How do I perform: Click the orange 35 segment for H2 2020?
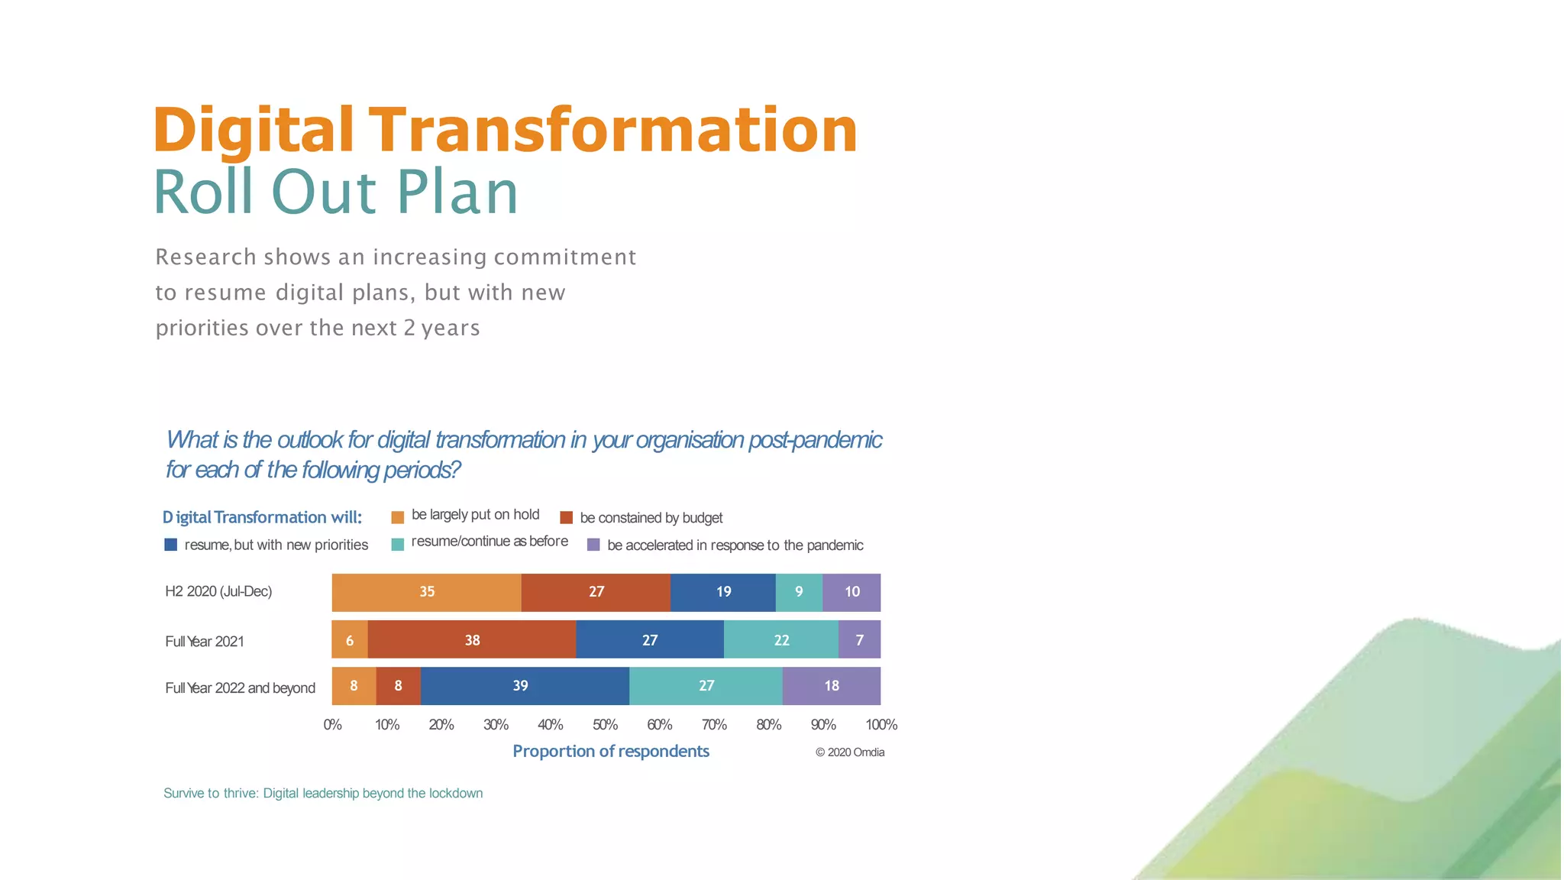click(426, 592)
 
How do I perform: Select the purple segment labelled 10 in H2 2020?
click(851, 592)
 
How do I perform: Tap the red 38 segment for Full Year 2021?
click(472, 640)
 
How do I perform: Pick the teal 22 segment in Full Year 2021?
click(781, 640)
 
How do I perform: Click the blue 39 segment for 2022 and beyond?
click(524, 686)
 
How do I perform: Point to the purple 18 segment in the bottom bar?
click(832, 686)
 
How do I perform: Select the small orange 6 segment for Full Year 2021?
click(350, 640)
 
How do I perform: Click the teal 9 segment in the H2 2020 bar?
click(799, 592)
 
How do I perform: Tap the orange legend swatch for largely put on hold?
click(397, 517)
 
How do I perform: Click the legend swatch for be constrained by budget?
click(566, 517)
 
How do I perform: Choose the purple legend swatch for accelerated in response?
click(593, 545)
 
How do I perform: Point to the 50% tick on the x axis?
click(605, 724)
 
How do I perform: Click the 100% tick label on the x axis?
click(881, 724)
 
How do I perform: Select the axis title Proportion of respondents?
click(611, 751)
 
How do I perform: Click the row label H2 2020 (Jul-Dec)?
click(218, 591)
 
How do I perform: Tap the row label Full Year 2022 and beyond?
click(240, 687)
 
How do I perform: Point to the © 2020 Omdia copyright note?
click(850, 752)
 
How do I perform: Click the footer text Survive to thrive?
click(211, 793)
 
